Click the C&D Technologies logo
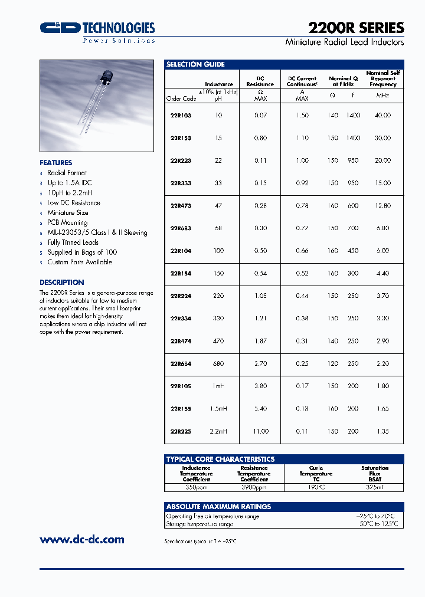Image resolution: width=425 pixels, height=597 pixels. tap(97, 28)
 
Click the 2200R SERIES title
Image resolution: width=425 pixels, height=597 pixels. tap(356, 28)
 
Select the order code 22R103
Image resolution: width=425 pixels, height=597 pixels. tap(181, 116)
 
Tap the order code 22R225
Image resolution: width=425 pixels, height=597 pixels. tap(181, 431)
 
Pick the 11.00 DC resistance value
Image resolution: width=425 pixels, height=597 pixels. tap(260, 431)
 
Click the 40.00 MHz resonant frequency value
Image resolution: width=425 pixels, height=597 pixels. tap(382, 116)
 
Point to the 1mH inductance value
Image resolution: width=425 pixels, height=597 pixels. tap(218, 386)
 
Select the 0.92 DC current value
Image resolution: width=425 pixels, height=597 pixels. tap(302, 183)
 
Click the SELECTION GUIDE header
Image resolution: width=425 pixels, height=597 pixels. tap(195, 64)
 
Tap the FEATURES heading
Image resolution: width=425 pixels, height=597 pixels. tap(56, 163)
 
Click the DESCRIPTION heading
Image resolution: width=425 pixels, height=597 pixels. tap(62, 283)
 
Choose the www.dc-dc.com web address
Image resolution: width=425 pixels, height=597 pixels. tap(82, 539)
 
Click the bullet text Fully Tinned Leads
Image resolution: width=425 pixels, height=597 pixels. tap(73, 242)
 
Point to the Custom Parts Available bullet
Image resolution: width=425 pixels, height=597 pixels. tap(80, 262)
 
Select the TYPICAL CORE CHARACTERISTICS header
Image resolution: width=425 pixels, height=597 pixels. tap(220, 459)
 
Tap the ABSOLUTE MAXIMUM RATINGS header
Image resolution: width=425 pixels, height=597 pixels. tap(218, 506)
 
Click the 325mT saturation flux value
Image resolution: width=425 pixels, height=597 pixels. tap(375, 487)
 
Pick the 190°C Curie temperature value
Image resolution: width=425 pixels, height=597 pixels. tap(316, 487)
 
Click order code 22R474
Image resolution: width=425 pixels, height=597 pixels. tap(181, 342)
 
